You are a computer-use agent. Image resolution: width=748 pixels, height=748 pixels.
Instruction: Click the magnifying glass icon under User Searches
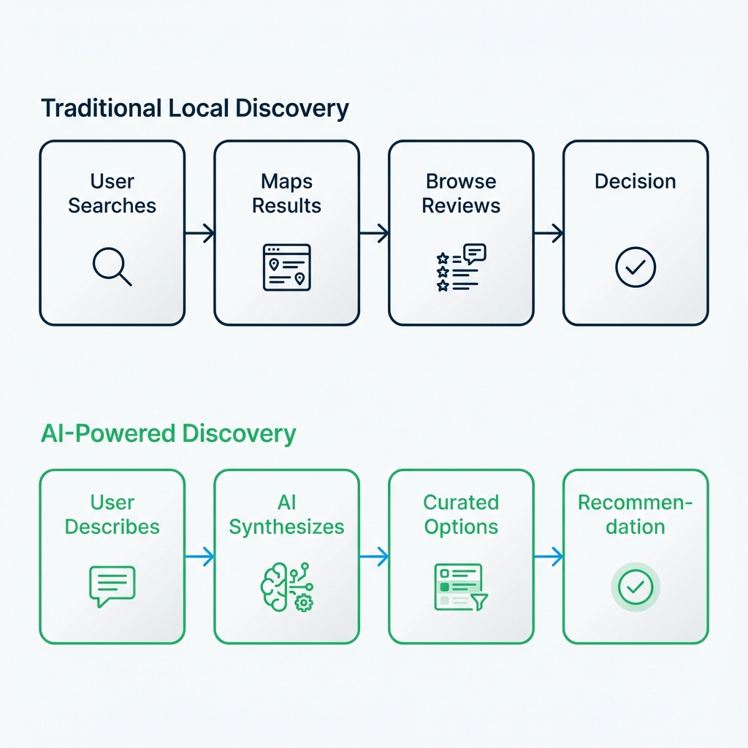(112, 267)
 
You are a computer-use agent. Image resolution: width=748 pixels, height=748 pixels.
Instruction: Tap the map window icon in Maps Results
(286, 267)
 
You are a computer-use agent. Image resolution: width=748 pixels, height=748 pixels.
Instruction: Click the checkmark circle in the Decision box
(636, 267)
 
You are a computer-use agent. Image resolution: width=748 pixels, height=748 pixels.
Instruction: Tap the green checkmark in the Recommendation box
(636, 586)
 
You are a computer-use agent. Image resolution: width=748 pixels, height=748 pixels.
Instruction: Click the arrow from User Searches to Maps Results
(199, 234)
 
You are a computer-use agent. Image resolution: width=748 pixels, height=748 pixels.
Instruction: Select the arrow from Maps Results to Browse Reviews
(374, 234)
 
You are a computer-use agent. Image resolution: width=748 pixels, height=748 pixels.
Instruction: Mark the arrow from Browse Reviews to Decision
(549, 234)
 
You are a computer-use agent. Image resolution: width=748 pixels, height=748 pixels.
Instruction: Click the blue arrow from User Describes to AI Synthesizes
(199, 557)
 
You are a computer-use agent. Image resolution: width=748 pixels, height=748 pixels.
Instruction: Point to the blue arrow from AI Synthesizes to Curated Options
(374, 557)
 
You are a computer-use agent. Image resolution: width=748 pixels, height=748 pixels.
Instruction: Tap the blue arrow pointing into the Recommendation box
(549, 557)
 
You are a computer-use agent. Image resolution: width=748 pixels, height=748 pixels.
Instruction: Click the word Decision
(636, 181)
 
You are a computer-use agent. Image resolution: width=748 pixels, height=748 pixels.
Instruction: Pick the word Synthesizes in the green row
(286, 527)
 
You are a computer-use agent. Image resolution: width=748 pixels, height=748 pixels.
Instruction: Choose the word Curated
(461, 503)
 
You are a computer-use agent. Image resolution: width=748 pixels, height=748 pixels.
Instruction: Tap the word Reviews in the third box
(461, 205)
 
